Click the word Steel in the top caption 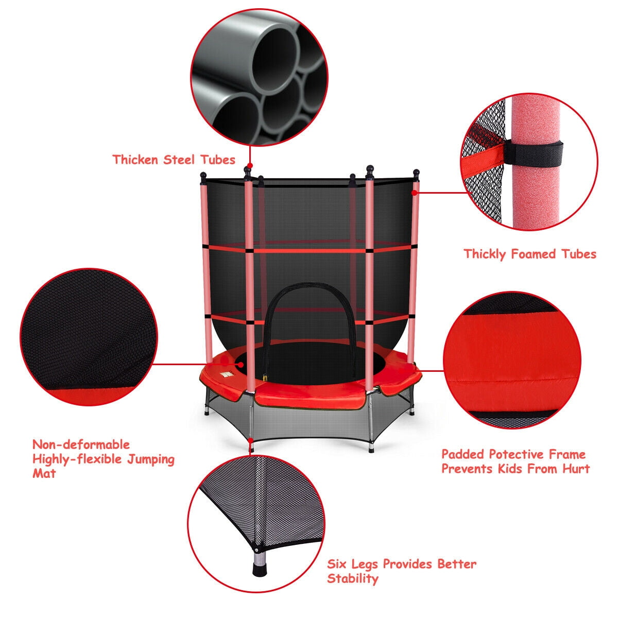pyautogui.click(x=180, y=159)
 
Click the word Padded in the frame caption pyautogui.click(x=462, y=454)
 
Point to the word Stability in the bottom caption pyautogui.click(x=353, y=578)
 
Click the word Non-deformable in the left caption pyautogui.click(x=81, y=444)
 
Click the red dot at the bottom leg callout pyautogui.click(x=251, y=441)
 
